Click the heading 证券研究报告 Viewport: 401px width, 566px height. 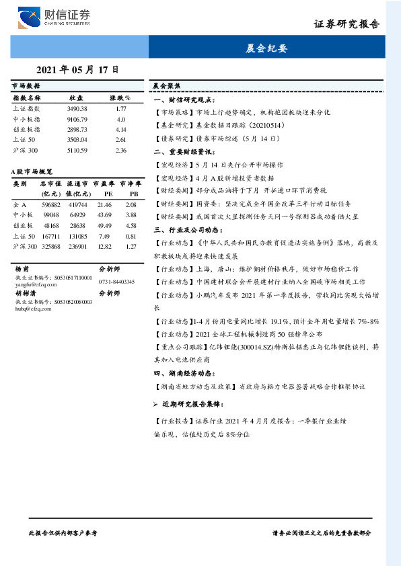tap(347, 24)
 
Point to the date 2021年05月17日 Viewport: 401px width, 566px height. tap(77, 69)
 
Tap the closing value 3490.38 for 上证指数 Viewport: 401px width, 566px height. tap(77, 108)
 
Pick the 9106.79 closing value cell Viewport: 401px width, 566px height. tap(77, 119)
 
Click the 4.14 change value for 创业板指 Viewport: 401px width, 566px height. tap(121, 129)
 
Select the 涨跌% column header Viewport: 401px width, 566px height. tap(120, 97)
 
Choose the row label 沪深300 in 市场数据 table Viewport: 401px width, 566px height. tap(26, 150)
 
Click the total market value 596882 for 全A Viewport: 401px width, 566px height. tap(51, 204)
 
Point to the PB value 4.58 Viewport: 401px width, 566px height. tap(131, 225)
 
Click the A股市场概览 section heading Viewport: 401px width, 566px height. tap(32, 172)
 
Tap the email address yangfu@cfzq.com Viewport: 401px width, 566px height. tap(32, 283)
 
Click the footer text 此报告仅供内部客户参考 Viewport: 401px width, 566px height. tap(64, 532)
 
